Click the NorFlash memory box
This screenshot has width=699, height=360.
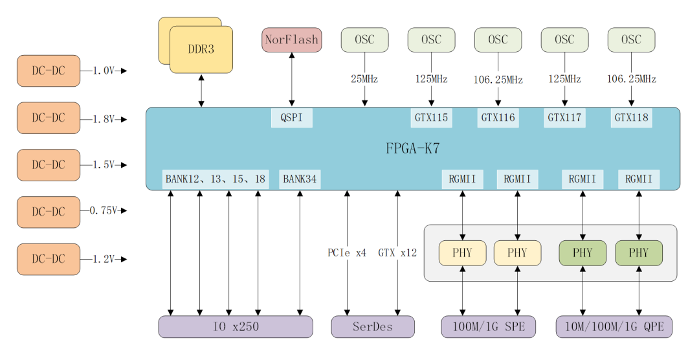(291, 39)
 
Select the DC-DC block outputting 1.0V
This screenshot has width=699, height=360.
(49, 71)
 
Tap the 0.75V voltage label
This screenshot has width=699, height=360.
(104, 210)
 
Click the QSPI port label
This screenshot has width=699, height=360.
(291, 118)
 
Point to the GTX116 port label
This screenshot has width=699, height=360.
(498, 118)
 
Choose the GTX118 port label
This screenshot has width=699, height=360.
(631, 118)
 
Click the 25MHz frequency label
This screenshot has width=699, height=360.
(364, 80)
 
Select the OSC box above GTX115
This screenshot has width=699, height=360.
(431, 39)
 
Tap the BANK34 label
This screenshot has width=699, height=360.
(300, 179)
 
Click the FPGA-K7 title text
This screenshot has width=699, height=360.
(413, 148)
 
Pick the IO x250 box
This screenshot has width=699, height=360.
(236, 327)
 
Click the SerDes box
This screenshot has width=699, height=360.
(373, 327)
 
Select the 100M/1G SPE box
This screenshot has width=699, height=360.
(489, 327)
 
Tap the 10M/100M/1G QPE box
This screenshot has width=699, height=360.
(614, 327)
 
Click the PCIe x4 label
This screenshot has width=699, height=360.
(347, 253)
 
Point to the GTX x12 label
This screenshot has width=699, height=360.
(397, 253)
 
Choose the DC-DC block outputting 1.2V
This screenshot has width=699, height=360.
(49, 259)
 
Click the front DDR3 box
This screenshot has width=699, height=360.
(201, 49)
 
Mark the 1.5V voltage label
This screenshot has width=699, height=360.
(104, 165)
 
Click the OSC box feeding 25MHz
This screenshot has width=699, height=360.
(364, 39)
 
